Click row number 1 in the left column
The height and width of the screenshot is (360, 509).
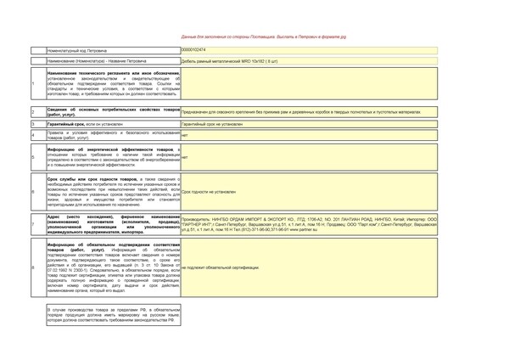click(x=32, y=83)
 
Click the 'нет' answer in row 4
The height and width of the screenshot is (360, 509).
click(x=185, y=135)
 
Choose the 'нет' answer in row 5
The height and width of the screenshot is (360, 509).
click(x=185, y=157)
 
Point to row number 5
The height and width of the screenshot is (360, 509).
click(x=32, y=157)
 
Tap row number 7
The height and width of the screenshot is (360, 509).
click(x=32, y=223)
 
